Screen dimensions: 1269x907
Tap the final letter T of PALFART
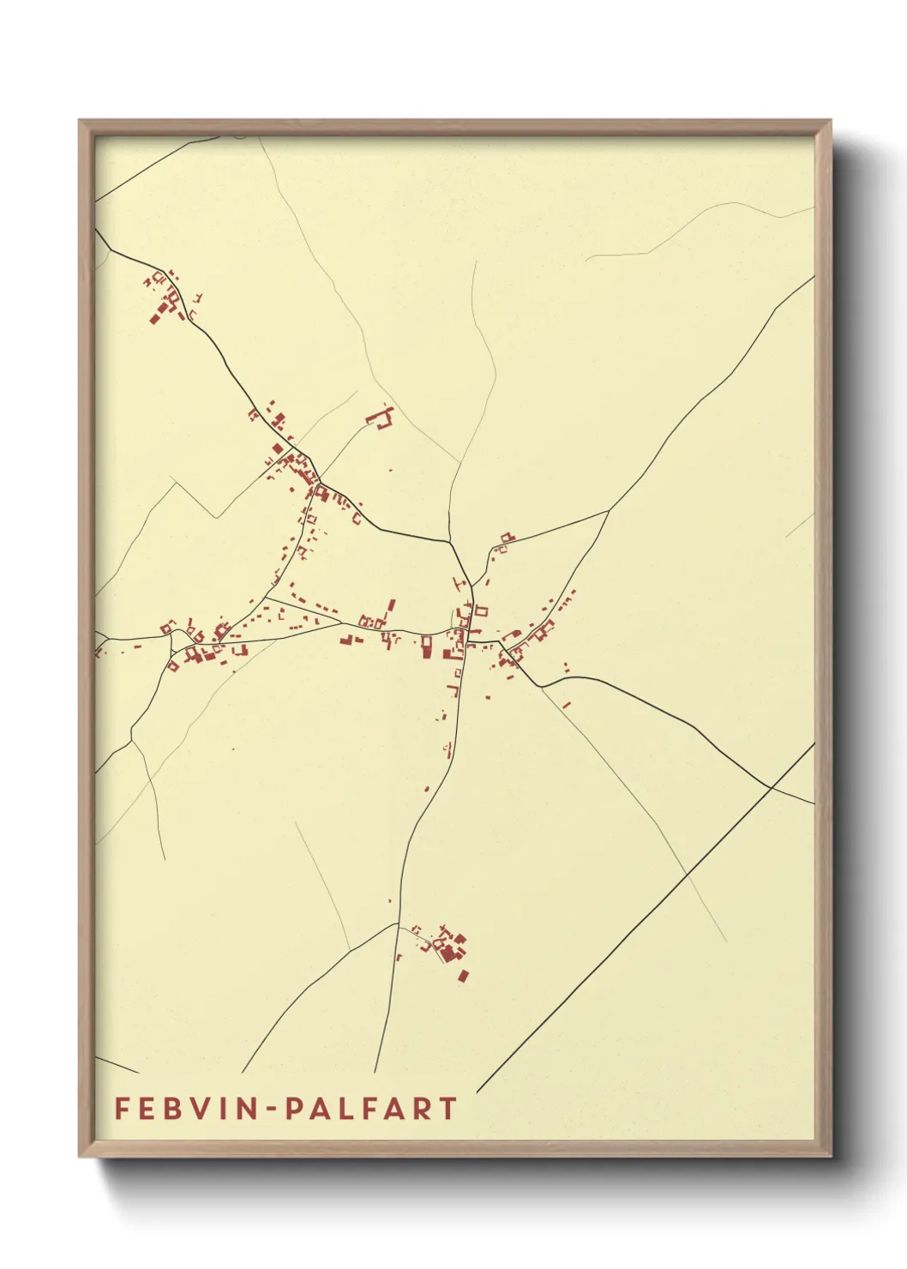click(x=447, y=1109)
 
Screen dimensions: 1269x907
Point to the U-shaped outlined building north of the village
click(x=381, y=418)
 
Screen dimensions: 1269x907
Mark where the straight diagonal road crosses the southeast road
click(x=772, y=786)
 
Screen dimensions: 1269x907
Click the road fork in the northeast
click(x=609, y=511)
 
